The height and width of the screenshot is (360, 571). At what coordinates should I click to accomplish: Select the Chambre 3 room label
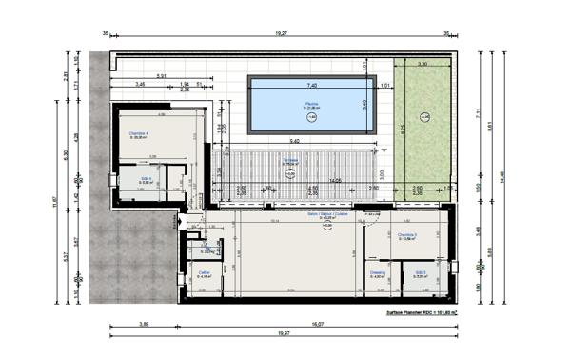[407, 236]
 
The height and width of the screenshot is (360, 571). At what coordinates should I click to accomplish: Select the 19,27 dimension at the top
[282, 32]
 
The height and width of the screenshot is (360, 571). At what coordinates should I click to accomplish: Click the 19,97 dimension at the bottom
[283, 333]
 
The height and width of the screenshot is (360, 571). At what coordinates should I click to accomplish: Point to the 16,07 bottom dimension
[316, 324]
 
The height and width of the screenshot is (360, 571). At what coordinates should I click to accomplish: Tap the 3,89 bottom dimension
[144, 324]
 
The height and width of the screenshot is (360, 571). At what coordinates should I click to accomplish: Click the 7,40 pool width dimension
[312, 85]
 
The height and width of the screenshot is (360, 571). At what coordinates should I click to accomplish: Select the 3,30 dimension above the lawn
[422, 65]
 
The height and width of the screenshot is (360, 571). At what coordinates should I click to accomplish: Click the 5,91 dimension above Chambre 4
[163, 76]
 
